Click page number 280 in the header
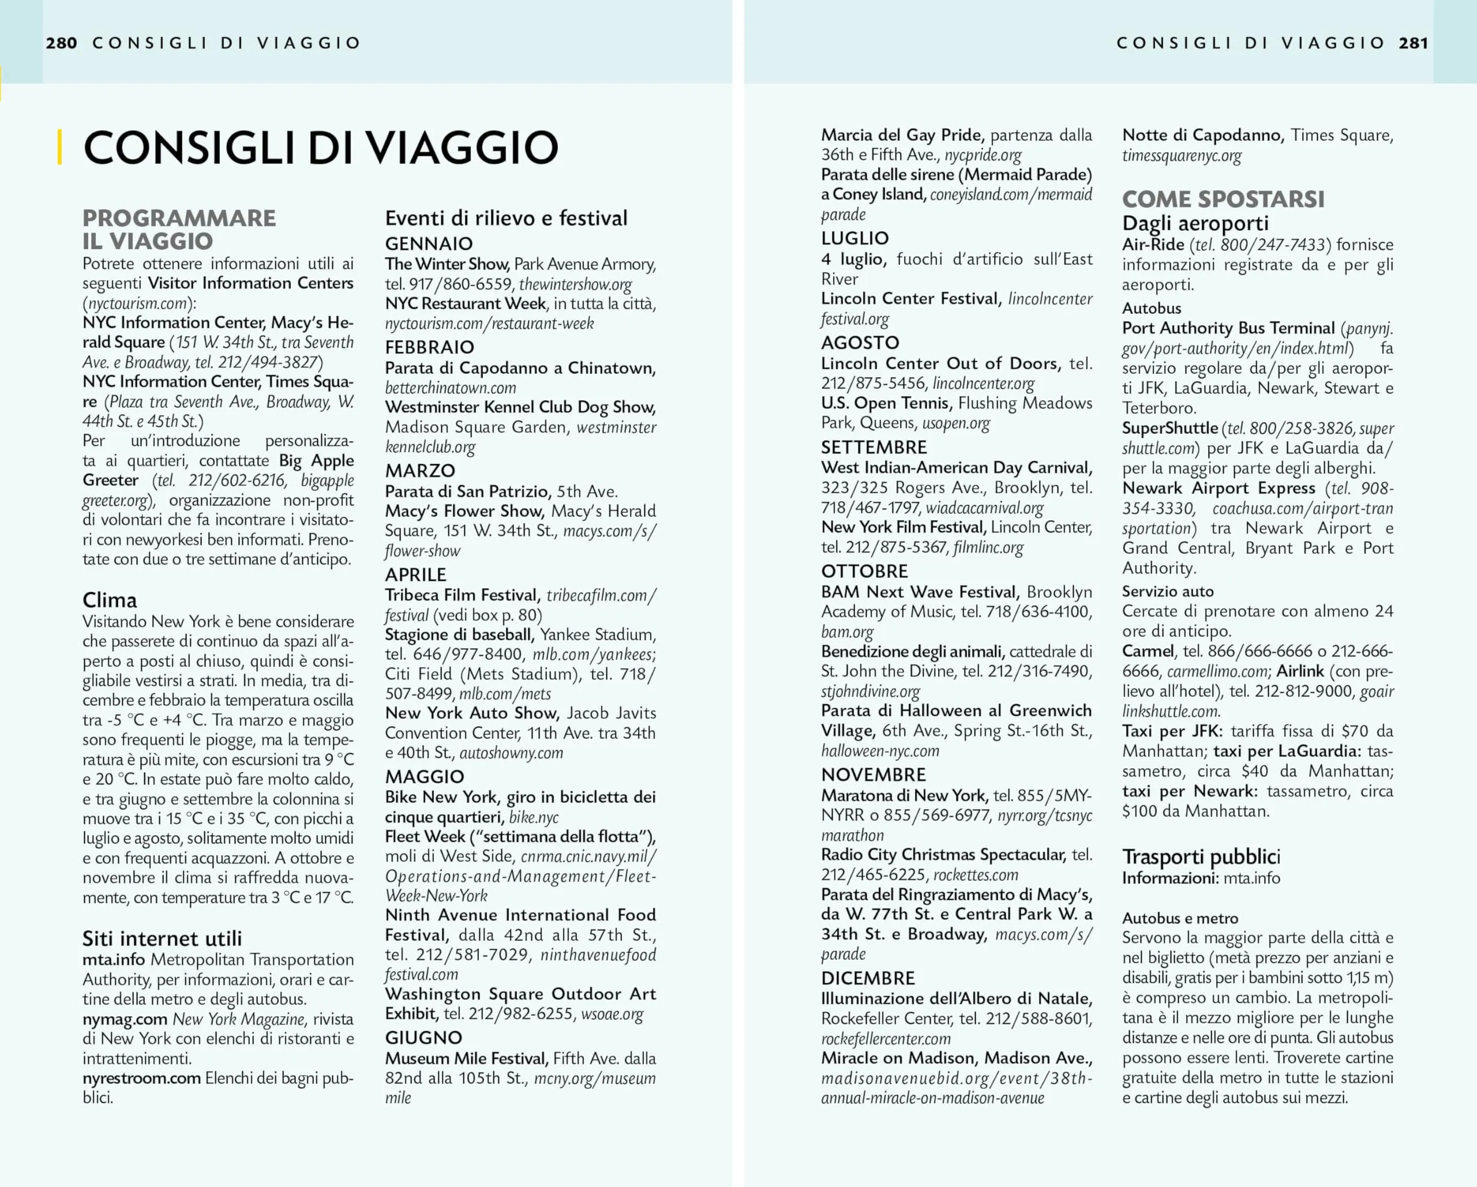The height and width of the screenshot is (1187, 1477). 61,43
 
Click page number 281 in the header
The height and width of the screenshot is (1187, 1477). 1414,43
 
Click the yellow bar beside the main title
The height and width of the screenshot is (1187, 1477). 60,147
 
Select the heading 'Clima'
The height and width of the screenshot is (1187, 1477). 110,600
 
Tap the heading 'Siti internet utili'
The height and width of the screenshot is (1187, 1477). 162,938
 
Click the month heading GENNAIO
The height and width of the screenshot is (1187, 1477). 429,243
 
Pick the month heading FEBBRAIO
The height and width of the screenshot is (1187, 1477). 429,347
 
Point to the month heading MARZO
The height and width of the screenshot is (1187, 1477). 420,471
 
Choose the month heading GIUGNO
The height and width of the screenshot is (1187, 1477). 423,1038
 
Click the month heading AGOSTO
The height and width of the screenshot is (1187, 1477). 860,343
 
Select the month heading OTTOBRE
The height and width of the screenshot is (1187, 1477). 864,571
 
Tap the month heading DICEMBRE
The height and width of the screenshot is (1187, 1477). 868,978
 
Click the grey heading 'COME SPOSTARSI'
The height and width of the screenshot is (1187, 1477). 1223,200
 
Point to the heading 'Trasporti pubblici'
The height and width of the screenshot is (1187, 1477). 1201,856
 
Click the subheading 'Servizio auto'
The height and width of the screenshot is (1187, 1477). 1167,591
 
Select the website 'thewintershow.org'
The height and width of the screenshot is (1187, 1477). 575,284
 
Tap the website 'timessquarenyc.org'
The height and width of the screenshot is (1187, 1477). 1182,156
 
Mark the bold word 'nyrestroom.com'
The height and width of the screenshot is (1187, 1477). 142,1078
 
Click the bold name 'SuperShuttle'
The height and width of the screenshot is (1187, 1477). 1169,429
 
